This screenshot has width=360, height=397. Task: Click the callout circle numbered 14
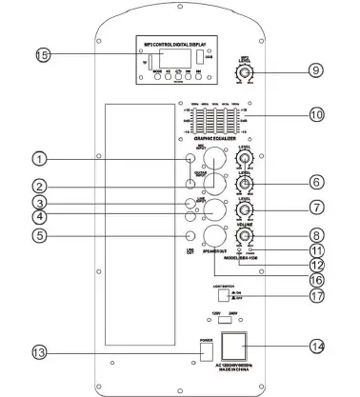point(314,345)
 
